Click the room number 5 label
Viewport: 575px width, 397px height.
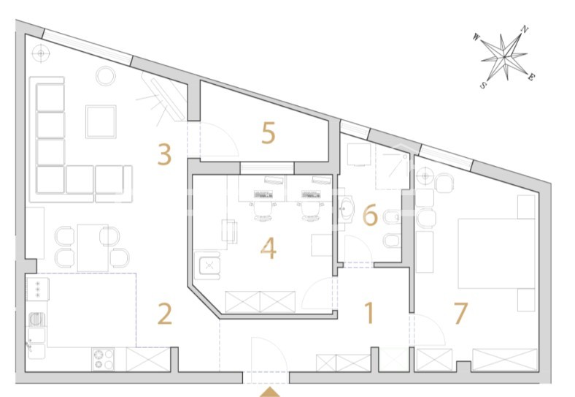pos(268,133)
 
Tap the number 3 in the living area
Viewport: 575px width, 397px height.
pos(164,154)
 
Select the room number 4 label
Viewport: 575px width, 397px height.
pos(268,249)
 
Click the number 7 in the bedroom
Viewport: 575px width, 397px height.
pos(460,313)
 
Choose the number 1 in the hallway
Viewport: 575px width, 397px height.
pos(369,313)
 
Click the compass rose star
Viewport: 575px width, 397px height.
pos(504,57)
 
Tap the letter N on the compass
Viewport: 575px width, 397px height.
pos(525,29)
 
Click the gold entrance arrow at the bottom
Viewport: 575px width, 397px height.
pos(270,392)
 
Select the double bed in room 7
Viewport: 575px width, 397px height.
pos(496,253)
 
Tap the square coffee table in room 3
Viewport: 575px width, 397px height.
pos(101,121)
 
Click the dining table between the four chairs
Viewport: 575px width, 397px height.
pos(93,248)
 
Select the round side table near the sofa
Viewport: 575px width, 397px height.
pos(106,76)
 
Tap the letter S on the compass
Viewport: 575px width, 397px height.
pos(483,85)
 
